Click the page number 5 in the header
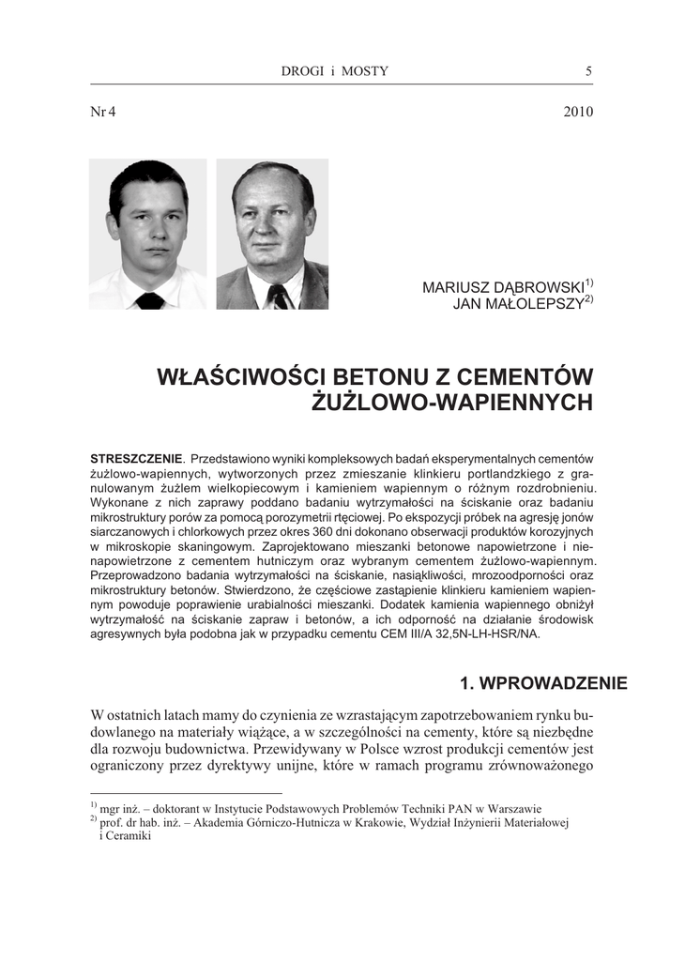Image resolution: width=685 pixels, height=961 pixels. pos(588,71)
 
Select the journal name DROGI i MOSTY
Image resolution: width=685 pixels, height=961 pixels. pos(334,71)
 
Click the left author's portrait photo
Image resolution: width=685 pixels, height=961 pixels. pos(148,234)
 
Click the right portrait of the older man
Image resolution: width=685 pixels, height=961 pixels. pos(272,234)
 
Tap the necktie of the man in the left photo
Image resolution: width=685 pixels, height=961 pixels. pos(150,300)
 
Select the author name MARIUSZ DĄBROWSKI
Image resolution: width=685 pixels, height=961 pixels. pos(503,287)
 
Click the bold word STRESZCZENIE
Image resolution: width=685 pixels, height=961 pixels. pos(134,458)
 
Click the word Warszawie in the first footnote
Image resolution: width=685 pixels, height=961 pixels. pos(510,809)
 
